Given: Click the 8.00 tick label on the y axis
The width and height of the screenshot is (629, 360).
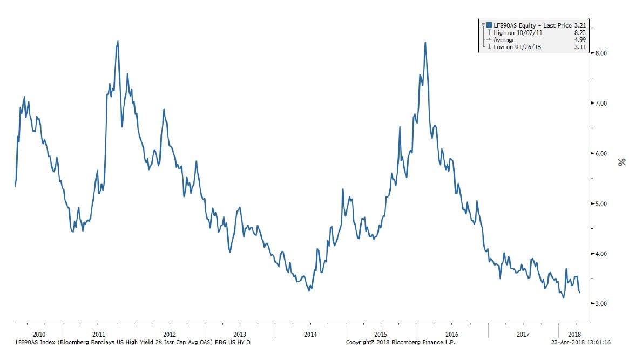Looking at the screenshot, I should tap(600, 53).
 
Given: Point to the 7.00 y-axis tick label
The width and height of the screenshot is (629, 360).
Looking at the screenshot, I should tap(600, 103).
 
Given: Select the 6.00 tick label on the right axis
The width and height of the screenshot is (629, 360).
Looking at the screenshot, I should tap(600, 153).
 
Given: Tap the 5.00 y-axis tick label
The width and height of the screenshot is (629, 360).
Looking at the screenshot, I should tap(600, 203).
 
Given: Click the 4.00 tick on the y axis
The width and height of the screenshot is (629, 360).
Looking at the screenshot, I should tap(600, 254).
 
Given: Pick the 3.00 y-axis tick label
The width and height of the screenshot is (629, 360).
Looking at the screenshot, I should tap(600, 304).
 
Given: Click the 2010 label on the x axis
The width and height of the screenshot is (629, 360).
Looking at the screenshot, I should tap(39, 335).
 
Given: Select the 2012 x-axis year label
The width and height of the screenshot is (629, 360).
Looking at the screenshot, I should tap(169, 335).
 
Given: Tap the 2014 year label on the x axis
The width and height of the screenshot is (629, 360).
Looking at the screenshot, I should tap(310, 335).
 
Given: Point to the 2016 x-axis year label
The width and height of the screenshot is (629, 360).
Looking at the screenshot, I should tap(451, 335).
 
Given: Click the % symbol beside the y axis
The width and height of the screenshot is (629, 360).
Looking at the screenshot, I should tap(622, 161).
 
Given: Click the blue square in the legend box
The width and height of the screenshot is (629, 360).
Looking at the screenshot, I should tap(489, 24).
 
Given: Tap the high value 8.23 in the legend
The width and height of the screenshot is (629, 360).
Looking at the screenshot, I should tap(579, 32).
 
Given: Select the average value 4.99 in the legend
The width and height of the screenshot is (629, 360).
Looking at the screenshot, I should tap(579, 40).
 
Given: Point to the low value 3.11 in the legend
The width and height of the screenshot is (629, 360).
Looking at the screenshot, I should tap(579, 47).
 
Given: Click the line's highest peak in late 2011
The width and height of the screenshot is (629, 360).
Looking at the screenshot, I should tap(118, 41).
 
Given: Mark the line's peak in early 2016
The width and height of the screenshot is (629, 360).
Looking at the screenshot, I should tap(425, 43).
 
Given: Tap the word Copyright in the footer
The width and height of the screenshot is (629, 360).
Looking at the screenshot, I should tap(360, 342).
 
